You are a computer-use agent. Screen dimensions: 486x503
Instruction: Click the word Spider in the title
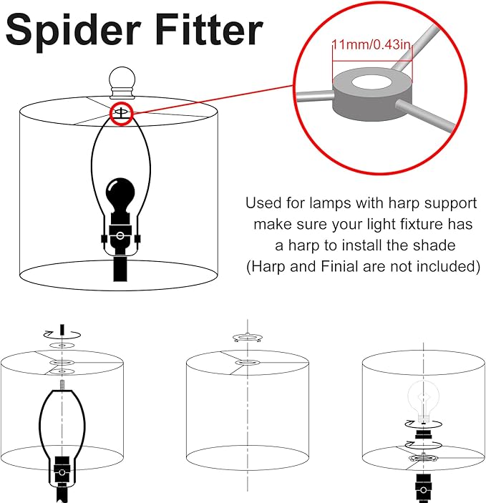click(74, 31)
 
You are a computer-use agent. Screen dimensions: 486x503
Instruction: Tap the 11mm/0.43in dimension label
click(371, 44)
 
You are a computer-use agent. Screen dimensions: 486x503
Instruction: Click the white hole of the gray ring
click(371, 83)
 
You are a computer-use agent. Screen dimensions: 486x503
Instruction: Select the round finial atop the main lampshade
click(122, 82)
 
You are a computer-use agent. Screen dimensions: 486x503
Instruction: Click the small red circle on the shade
click(122, 114)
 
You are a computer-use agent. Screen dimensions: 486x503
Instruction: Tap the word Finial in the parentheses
click(339, 267)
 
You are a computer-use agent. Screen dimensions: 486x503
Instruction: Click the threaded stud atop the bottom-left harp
click(62, 385)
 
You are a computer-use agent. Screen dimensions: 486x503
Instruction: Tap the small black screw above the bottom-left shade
click(62, 329)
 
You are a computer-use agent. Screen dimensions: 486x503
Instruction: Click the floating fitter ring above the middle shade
click(248, 337)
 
